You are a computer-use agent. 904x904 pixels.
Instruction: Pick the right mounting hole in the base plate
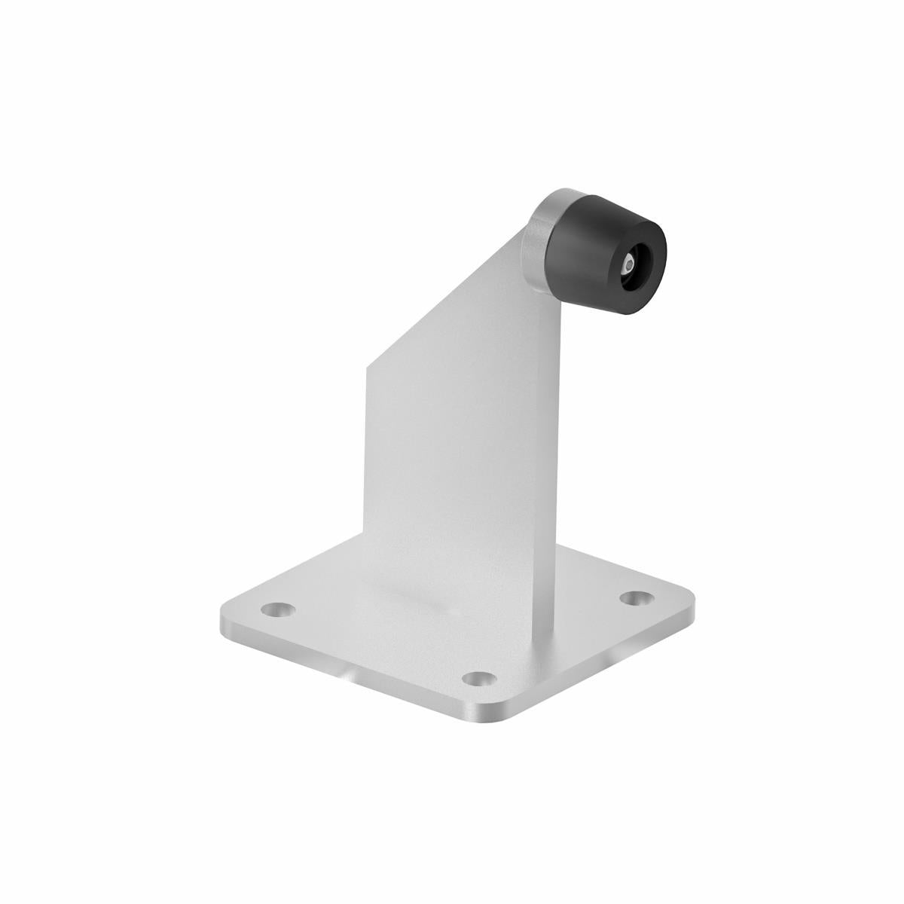[x=637, y=597]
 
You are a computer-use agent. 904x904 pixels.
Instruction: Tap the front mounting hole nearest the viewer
[x=475, y=680]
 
